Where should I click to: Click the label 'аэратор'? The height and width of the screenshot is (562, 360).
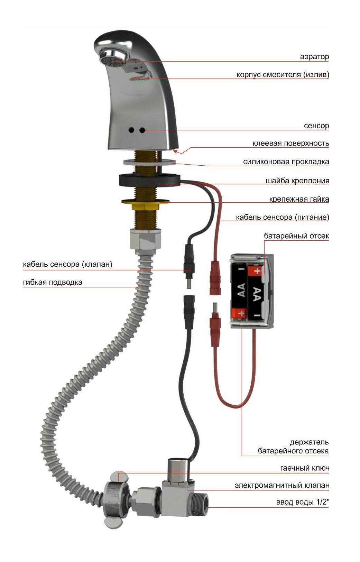pyautogui.click(x=314, y=57)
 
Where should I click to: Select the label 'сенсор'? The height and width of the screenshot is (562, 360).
pyautogui.click(x=316, y=126)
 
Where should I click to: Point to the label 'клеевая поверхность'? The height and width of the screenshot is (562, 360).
pyautogui.click(x=290, y=144)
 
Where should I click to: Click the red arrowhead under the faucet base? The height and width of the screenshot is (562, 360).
pyautogui.click(x=176, y=151)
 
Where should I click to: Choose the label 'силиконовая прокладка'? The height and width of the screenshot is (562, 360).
pyautogui.click(x=286, y=162)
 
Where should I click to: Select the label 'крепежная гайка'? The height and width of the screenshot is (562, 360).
pyautogui.click(x=299, y=199)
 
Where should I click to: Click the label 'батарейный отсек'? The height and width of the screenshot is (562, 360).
pyautogui.click(x=296, y=236)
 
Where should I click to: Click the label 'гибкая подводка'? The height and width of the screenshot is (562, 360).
pyautogui.click(x=53, y=282)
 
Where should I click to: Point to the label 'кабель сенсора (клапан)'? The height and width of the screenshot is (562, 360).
pyautogui.click(x=67, y=265)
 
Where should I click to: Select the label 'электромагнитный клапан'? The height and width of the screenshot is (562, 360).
pyautogui.click(x=282, y=486)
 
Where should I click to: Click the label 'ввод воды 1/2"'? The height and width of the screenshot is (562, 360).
pyautogui.click(x=303, y=502)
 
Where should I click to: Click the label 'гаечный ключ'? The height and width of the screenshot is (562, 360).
pyautogui.click(x=305, y=468)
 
